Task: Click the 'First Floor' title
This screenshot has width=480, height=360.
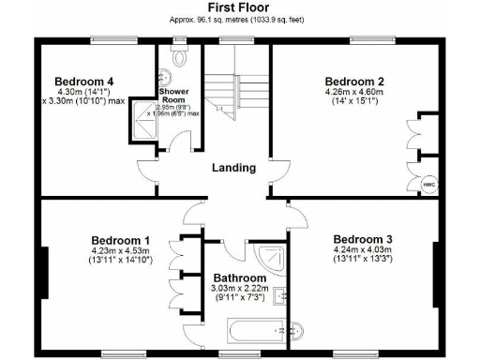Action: pyautogui.click(x=233, y=7)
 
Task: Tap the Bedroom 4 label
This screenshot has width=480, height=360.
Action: pyautogui.click(x=83, y=82)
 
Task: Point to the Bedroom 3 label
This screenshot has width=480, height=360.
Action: pyautogui.click(x=364, y=238)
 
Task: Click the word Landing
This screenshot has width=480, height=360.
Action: pyautogui.click(x=233, y=169)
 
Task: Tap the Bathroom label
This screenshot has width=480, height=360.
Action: pyautogui.click(x=239, y=279)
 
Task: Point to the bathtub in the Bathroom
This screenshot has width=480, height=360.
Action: pyautogui.click(x=255, y=330)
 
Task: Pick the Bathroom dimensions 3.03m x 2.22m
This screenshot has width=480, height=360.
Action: pyautogui.click(x=239, y=291)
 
